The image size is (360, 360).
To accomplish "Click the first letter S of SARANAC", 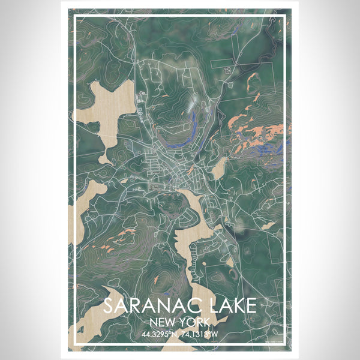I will click(x=109, y=305).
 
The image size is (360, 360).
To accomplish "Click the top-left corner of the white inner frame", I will click(x=74, y=16).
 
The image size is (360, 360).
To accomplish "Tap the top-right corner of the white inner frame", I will click(x=286, y=16).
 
